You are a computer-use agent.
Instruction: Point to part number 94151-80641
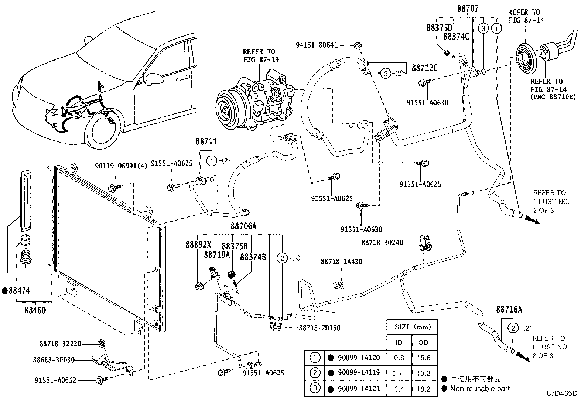tap(317, 45)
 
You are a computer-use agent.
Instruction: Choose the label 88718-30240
tap(382, 243)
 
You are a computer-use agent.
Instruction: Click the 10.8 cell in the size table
tap(397, 358)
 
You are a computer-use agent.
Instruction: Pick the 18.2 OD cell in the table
tap(423, 389)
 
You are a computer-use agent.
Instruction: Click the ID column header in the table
tap(398, 342)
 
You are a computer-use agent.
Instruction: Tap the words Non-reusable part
tap(480, 388)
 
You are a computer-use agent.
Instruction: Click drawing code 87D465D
tap(562, 393)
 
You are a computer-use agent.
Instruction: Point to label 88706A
tap(243, 226)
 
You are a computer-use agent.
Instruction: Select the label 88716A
tap(509, 310)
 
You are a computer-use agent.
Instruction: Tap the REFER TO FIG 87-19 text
tap(260, 55)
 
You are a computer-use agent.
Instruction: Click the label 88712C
tap(424, 68)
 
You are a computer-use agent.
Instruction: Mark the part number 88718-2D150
tap(319, 328)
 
